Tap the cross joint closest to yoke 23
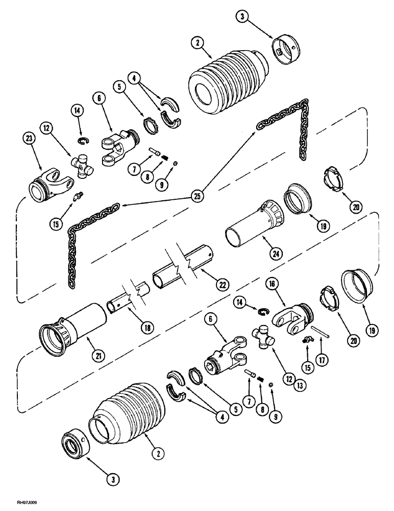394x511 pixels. pos(82,167)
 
